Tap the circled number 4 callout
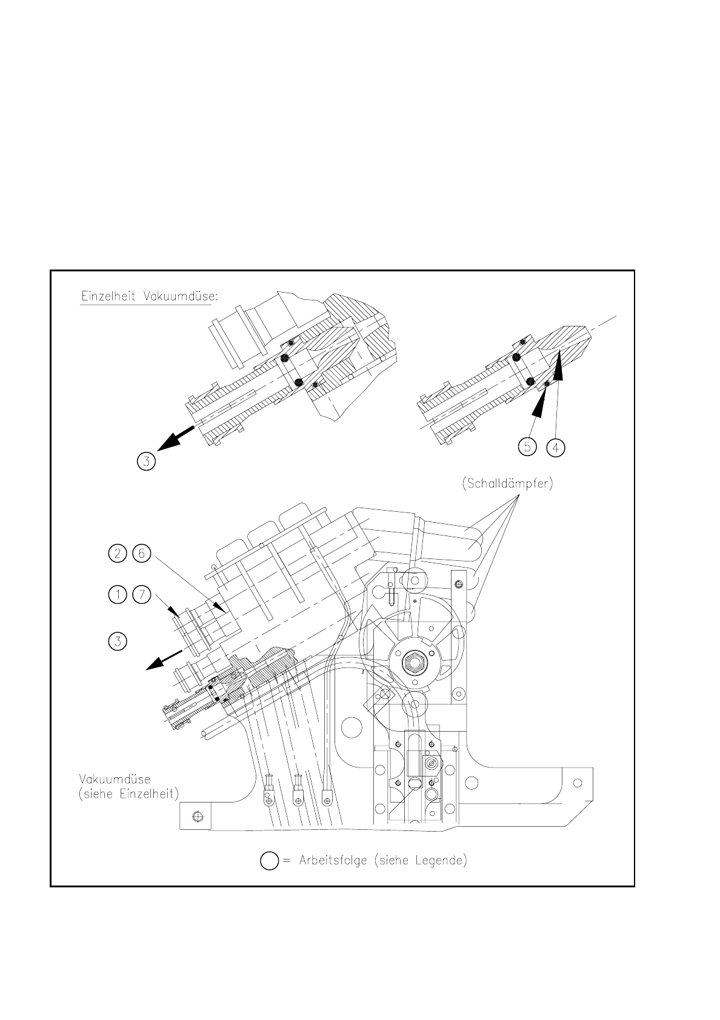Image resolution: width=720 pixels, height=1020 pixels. coord(555,447)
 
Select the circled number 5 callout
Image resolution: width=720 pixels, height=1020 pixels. coord(528,447)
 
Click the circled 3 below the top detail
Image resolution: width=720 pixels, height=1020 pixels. coord(146,462)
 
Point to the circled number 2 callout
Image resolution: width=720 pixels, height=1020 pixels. coord(118,553)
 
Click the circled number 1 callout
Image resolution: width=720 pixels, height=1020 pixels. coord(118,595)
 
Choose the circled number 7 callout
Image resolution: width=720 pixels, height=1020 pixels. coord(141,595)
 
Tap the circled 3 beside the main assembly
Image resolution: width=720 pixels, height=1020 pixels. coord(118,640)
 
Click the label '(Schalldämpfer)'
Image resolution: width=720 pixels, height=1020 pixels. coord(507,485)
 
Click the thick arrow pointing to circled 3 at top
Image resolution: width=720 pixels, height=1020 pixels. coord(176,437)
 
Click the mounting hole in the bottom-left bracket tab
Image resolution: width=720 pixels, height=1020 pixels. coord(196,817)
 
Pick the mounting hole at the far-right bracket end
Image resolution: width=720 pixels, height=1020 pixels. coord(578,783)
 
